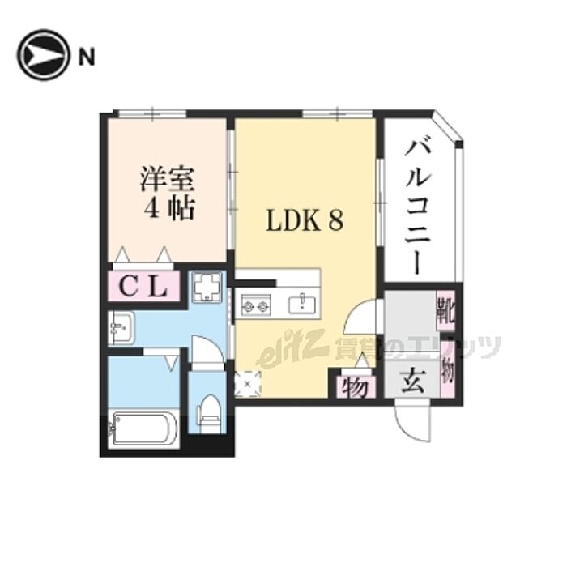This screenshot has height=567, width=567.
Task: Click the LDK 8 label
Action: [x=304, y=220]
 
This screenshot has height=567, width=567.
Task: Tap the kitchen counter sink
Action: [x=305, y=304]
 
